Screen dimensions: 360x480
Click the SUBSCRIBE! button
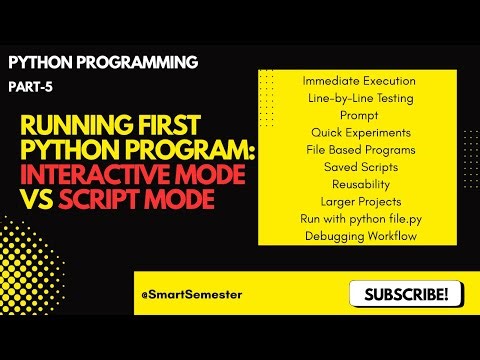point(406,294)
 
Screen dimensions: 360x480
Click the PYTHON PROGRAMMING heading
point(103,62)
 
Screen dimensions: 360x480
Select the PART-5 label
point(30,87)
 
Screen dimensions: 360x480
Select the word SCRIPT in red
point(103,200)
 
